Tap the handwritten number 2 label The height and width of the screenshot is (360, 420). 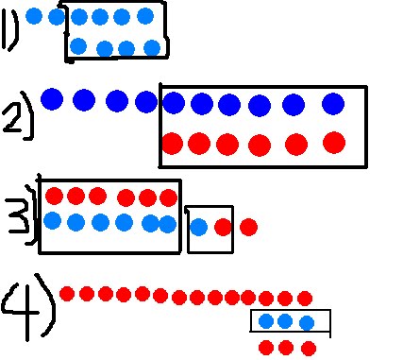[16, 114]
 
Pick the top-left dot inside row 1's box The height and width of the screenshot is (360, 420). [78, 16]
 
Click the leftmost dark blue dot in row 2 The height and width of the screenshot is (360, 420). [52, 98]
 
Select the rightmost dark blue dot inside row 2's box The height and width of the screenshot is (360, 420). [332, 103]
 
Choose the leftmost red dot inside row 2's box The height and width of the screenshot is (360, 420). [173, 144]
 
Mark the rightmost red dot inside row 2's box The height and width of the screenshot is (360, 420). [334, 143]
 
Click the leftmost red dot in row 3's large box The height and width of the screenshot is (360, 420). [55, 197]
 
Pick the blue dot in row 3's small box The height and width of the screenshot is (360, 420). [199, 227]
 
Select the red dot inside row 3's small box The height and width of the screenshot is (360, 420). [223, 227]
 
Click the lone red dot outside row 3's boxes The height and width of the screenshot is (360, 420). [248, 227]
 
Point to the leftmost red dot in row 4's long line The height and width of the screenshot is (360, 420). [67, 293]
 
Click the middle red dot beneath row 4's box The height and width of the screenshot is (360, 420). [287, 347]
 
